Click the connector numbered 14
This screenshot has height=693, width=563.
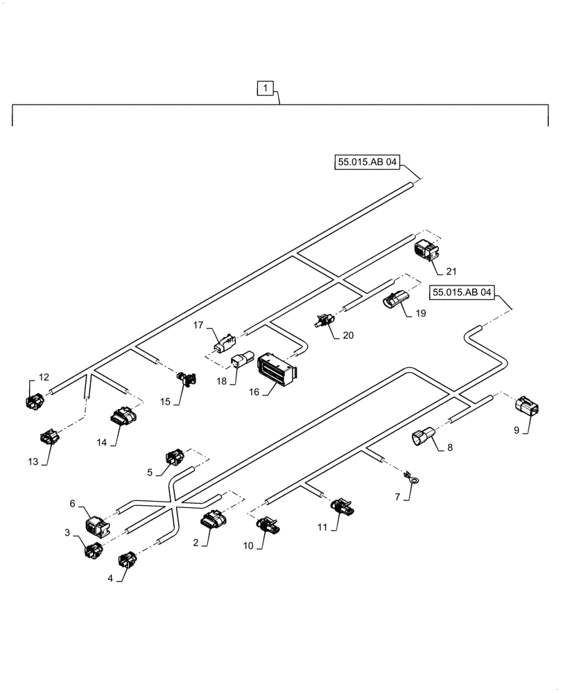coord(121,419)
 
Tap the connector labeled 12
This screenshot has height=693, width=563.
coord(34,400)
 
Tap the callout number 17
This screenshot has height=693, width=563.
coord(198,324)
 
